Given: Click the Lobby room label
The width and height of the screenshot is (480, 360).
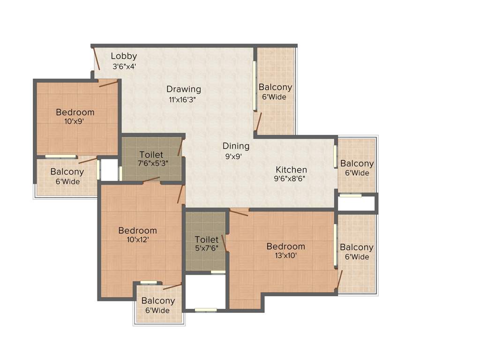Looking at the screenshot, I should [x=124, y=56].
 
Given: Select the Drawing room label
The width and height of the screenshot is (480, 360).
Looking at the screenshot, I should [x=184, y=89].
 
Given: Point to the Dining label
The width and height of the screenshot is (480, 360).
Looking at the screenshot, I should [x=236, y=146].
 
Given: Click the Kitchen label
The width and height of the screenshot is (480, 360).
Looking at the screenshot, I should [x=291, y=170].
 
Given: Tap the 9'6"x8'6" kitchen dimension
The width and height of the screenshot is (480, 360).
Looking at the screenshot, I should [x=292, y=179].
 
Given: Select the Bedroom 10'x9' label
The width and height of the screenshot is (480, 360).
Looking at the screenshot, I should [x=75, y=112].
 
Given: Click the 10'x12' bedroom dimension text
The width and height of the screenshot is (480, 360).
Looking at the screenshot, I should [x=137, y=240].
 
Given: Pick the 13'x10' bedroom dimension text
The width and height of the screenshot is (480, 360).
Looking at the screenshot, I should [x=285, y=255].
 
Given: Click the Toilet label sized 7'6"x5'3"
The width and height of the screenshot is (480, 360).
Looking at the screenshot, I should [x=151, y=155].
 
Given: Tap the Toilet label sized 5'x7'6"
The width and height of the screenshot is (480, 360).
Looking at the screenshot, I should [x=207, y=240].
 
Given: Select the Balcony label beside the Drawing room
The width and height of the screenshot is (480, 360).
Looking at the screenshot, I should [x=275, y=87].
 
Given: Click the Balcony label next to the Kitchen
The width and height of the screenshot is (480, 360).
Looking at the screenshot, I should [x=357, y=164].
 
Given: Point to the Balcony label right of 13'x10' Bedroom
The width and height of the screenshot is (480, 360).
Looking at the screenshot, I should [x=357, y=247].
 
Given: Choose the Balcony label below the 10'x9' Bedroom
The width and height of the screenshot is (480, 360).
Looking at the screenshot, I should [x=67, y=172].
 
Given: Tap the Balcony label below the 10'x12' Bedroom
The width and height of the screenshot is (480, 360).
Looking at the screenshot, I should [x=158, y=301].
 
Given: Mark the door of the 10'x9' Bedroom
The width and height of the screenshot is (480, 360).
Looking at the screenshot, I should [x=108, y=83].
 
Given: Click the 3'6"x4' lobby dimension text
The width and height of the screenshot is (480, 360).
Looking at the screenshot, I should [x=124, y=67].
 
